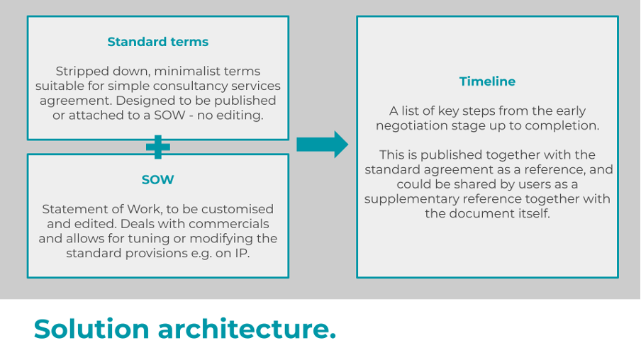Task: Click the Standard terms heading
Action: [157, 42]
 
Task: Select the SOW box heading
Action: [157, 179]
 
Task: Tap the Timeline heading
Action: [487, 81]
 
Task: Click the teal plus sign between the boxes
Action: [157, 147]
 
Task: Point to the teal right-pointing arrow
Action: [322, 145]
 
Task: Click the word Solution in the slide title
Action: [91, 329]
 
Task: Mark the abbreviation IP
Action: [242, 253]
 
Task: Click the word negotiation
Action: [415, 125]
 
